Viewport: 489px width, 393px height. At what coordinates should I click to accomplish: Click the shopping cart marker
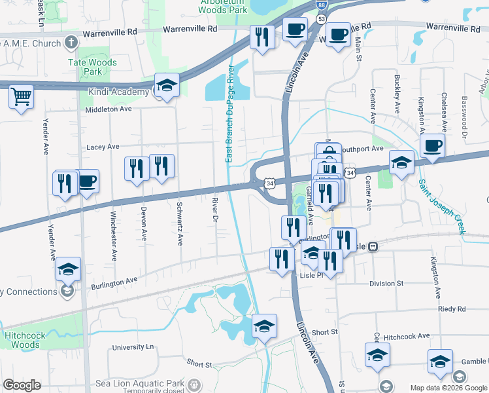point(21,97)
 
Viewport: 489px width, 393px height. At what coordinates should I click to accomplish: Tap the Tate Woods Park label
point(93,66)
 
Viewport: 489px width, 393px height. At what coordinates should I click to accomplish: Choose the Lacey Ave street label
point(103,147)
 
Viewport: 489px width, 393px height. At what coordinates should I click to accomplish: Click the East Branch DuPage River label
point(229,115)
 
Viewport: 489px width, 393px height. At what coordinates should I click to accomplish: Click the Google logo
point(22,385)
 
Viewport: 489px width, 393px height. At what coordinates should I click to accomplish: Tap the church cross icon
point(71,43)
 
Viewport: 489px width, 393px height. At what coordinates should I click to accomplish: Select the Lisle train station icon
point(373,247)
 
